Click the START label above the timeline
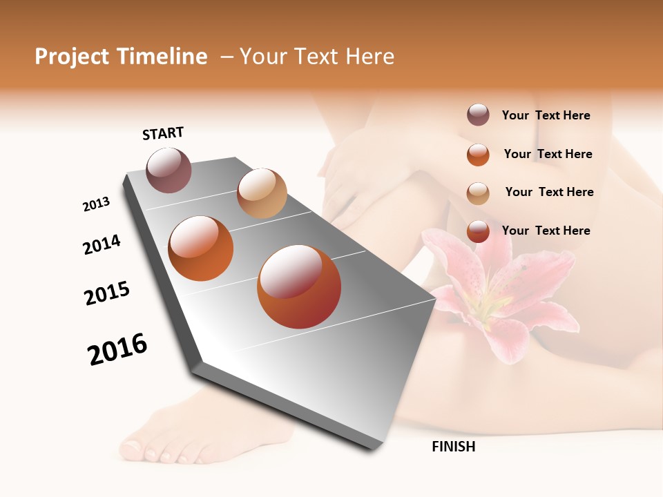(x=163, y=133)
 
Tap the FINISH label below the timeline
(x=453, y=447)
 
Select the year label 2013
(x=97, y=204)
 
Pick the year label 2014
(x=102, y=245)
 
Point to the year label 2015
(x=107, y=293)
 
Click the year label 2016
(x=117, y=349)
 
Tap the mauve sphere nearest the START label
(x=169, y=170)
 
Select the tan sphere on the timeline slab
(x=262, y=193)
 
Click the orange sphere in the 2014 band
(x=200, y=248)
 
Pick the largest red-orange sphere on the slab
(x=299, y=286)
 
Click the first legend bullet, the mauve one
(x=478, y=115)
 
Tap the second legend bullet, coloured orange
(x=478, y=155)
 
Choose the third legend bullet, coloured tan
(x=478, y=193)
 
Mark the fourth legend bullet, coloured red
(x=478, y=232)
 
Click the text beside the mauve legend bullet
(x=546, y=115)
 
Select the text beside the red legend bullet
(x=546, y=231)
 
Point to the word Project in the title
(x=72, y=57)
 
